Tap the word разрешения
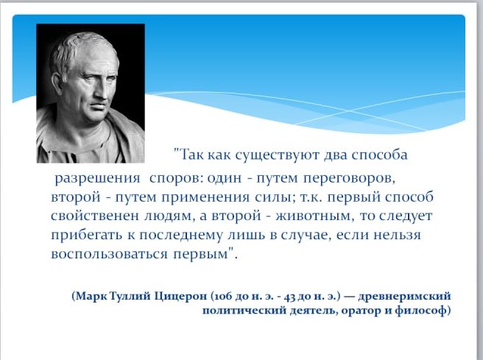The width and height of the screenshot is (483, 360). [98, 179]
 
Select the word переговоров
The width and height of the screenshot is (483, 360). [349, 179]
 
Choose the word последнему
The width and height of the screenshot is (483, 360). [180, 236]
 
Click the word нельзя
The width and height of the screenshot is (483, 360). [398, 236]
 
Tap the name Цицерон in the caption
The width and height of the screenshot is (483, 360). [180, 297]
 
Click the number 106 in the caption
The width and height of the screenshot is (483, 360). [223, 297]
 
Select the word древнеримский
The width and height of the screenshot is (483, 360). [404, 297]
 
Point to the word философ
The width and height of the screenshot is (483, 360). [420, 310]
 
